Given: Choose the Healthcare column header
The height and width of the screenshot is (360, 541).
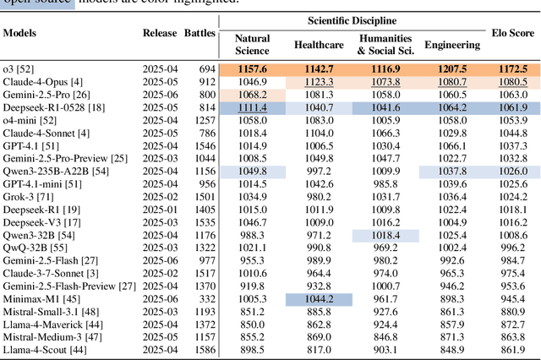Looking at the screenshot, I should (x=318, y=45).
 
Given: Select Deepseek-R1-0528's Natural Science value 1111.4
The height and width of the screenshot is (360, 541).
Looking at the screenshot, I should (x=253, y=108).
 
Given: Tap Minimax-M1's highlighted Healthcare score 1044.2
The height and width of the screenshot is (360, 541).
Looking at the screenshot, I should (x=318, y=299).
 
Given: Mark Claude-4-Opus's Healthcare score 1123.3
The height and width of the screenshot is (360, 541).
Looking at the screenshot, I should (x=318, y=83).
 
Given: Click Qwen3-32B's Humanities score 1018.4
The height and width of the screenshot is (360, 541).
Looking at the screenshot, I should (x=385, y=236).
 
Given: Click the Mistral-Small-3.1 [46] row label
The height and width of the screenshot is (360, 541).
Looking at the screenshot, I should (x=51, y=311).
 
